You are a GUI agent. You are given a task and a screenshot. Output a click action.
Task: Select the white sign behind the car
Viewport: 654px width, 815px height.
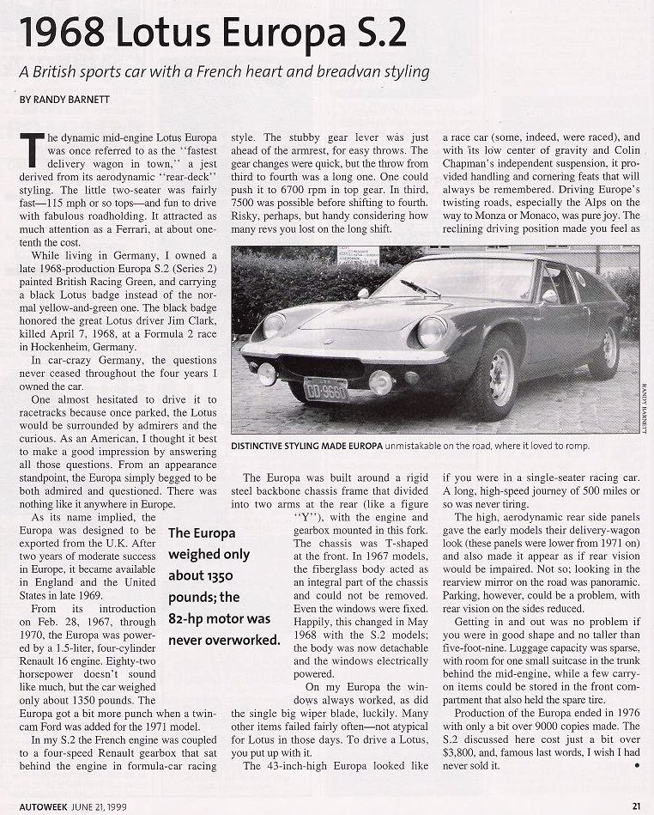pyautogui.click(x=358, y=255)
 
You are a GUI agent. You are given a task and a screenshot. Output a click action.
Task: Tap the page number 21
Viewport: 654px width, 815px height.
pyautogui.click(x=636, y=806)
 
